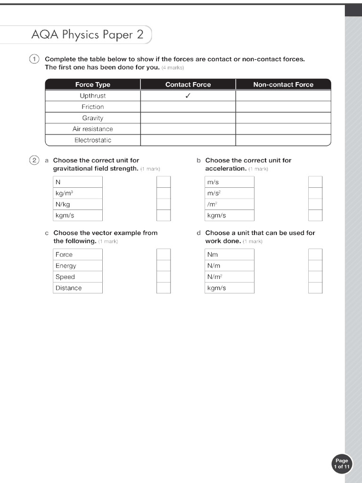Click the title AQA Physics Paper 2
click(x=87, y=34)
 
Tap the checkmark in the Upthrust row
click(x=188, y=96)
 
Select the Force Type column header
click(x=92, y=84)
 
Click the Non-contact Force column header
click(x=283, y=84)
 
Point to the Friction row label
click(x=92, y=107)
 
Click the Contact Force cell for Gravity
click(x=188, y=118)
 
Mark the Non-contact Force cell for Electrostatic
click(x=283, y=140)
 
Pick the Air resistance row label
click(x=92, y=129)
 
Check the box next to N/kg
click(x=164, y=204)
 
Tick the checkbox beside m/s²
click(x=315, y=193)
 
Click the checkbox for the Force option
click(x=164, y=255)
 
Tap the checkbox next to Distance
click(x=164, y=288)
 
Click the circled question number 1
click(x=34, y=59)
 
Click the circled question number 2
click(x=34, y=160)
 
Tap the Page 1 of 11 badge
click(x=342, y=464)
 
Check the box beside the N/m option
click(x=315, y=266)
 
